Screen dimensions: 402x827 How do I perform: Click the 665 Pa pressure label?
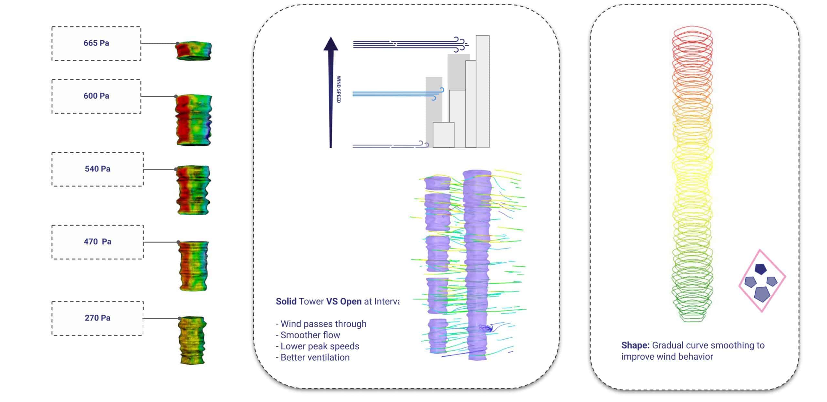pos(96,43)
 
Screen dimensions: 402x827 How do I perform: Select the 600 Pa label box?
pos(96,96)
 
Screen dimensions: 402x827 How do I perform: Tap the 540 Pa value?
pos(98,169)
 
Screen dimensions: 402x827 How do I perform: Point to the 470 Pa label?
pos(98,242)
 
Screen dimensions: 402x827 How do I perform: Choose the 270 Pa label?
pos(98,318)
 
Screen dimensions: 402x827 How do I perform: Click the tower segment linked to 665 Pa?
pos(194,51)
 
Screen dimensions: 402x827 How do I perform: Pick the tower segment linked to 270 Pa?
pos(193,340)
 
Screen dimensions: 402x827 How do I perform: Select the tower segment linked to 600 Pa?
pos(193,120)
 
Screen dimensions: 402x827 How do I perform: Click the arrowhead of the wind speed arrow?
pos(330,44)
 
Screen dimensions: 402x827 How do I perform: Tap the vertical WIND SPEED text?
pos(339,90)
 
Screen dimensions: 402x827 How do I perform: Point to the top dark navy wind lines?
pos(404,44)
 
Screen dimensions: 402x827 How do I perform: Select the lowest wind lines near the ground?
pos(388,146)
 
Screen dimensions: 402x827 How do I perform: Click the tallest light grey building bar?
pos(482,91)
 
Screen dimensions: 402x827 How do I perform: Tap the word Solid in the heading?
pos(286,301)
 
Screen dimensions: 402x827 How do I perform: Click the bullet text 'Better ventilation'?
pos(315,357)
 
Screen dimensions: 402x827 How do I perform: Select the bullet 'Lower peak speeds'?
pos(319,346)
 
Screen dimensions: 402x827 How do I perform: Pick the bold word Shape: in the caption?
pos(635,345)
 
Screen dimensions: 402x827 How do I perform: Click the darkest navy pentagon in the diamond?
pos(760,269)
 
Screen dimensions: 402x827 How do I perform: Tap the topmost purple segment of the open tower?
pos(437,183)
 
